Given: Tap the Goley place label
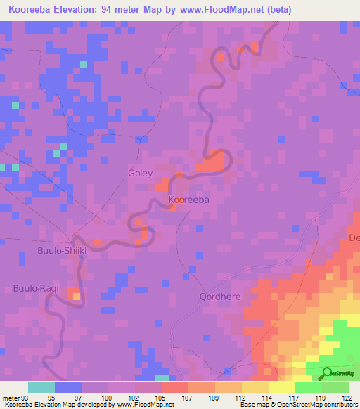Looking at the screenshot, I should click(x=140, y=172).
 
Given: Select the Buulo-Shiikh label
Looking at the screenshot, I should click(x=64, y=250).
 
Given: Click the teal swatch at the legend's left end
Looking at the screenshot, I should click(x=41, y=387).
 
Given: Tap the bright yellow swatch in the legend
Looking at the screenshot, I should click(x=281, y=387).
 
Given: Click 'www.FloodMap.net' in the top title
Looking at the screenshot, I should click(x=214, y=10).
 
